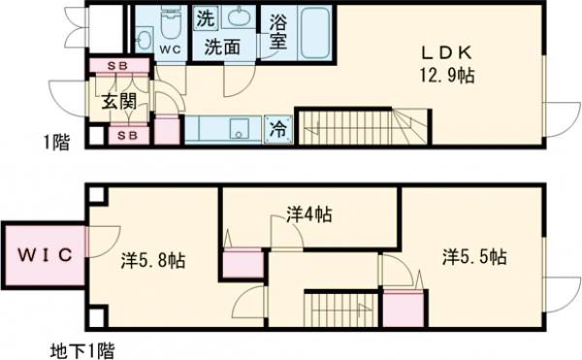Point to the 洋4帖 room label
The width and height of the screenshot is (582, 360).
(x=309, y=214)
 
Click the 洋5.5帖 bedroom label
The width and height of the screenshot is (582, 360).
(x=474, y=256)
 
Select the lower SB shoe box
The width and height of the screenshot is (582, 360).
(x=126, y=135)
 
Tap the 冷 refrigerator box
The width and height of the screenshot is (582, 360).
(x=277, y=128)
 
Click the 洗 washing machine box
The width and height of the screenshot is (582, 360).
(x=207, y=17)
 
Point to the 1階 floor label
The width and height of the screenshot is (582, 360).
(x=56, y=144)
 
